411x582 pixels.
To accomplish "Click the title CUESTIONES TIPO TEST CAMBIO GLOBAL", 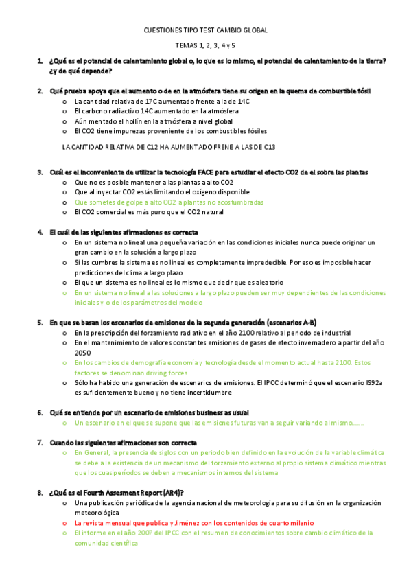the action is click(205, 30).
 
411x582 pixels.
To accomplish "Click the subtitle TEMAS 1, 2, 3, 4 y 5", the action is click(205, 45).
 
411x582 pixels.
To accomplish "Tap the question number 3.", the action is click(40, 172).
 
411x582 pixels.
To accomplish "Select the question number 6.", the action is click(40, 412).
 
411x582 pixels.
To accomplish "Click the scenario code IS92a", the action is click(373, 382).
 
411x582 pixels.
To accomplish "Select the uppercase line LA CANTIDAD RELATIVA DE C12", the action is click(169, 147).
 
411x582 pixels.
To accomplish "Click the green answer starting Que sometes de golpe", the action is click(169, 202).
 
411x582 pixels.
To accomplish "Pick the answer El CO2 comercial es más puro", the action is click(150, 212).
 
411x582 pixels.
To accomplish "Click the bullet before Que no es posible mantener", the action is click(64, 183).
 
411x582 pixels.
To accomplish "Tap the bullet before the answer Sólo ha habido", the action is click(64, 383).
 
